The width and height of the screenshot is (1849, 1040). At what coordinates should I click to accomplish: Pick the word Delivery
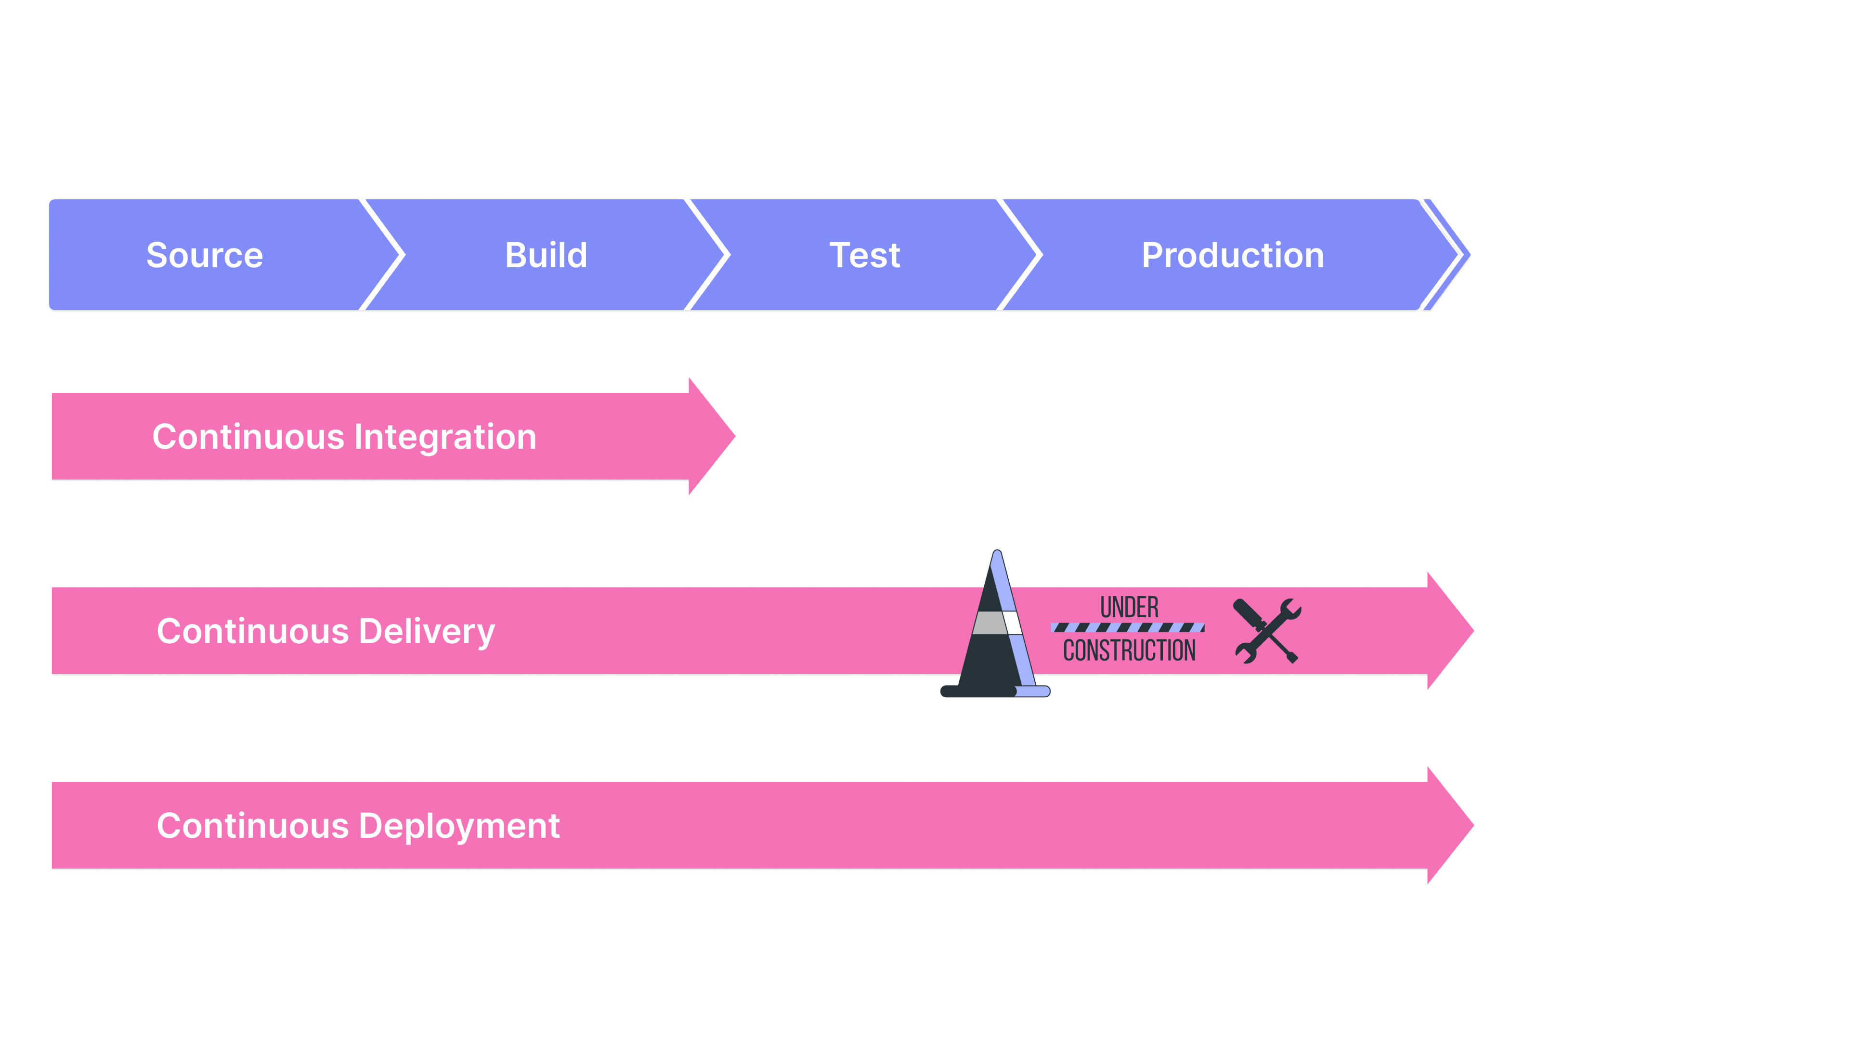point(427,632)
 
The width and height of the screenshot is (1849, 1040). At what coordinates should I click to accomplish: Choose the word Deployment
point(459,826)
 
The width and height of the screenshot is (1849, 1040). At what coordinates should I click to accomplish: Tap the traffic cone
point(996,623)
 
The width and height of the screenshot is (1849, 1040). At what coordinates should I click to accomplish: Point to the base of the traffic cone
point(996,691)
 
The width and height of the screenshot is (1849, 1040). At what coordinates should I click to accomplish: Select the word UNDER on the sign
point(1129,607)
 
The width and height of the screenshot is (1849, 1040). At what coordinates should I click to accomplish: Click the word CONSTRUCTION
point(1129,650)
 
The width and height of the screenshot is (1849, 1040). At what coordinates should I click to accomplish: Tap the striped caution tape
point(1128,627)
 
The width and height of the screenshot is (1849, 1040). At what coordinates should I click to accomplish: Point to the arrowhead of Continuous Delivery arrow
point(1451,631)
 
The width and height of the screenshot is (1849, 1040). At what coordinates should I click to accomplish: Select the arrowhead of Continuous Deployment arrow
point(1451,825)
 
